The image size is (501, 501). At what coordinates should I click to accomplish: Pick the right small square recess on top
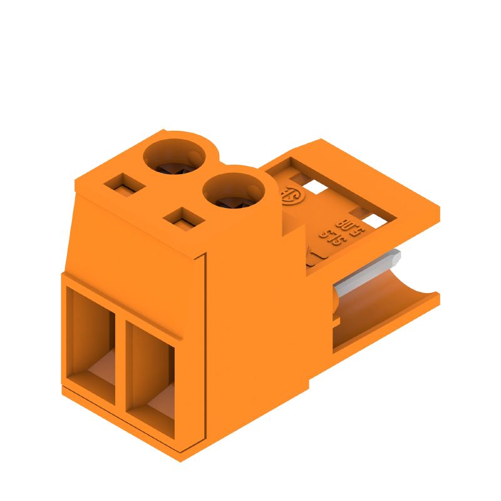click(183, 219)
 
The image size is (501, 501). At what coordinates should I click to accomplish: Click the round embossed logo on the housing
click(292, 195)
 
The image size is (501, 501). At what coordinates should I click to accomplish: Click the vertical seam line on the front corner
click(207, 351)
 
